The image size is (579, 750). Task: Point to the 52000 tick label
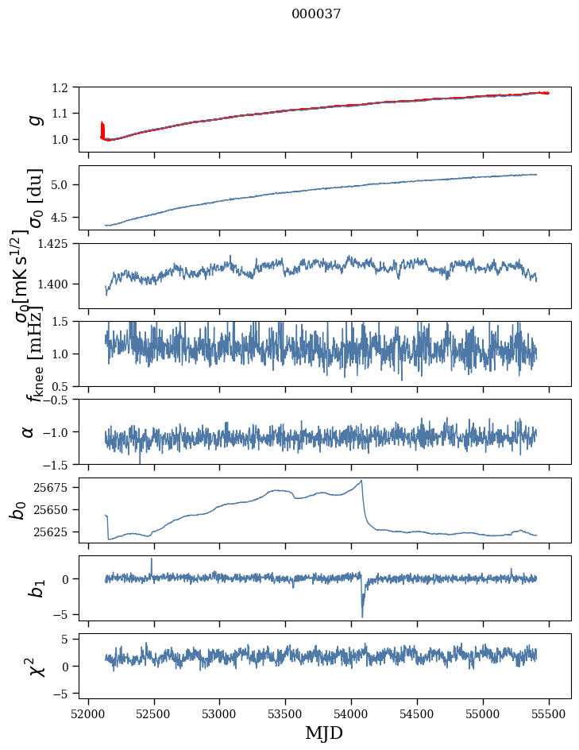click(x=89, y=713)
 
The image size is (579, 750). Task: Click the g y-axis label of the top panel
click(x=34, y=119)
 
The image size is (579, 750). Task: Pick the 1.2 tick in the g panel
click(x=67, y=87)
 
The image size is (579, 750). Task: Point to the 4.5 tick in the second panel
click(x=67, y=217)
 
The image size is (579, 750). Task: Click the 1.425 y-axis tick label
click(x=60, y=244)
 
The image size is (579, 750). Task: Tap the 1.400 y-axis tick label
click(x=60, y=284)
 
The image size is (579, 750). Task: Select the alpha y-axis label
click(x=29, y=431)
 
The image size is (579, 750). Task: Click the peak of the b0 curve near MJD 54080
click(x=361, y=481)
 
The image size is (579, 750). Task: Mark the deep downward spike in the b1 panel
click(x=362, y=617)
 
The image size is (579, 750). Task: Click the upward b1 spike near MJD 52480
click(x=152, y=559)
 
